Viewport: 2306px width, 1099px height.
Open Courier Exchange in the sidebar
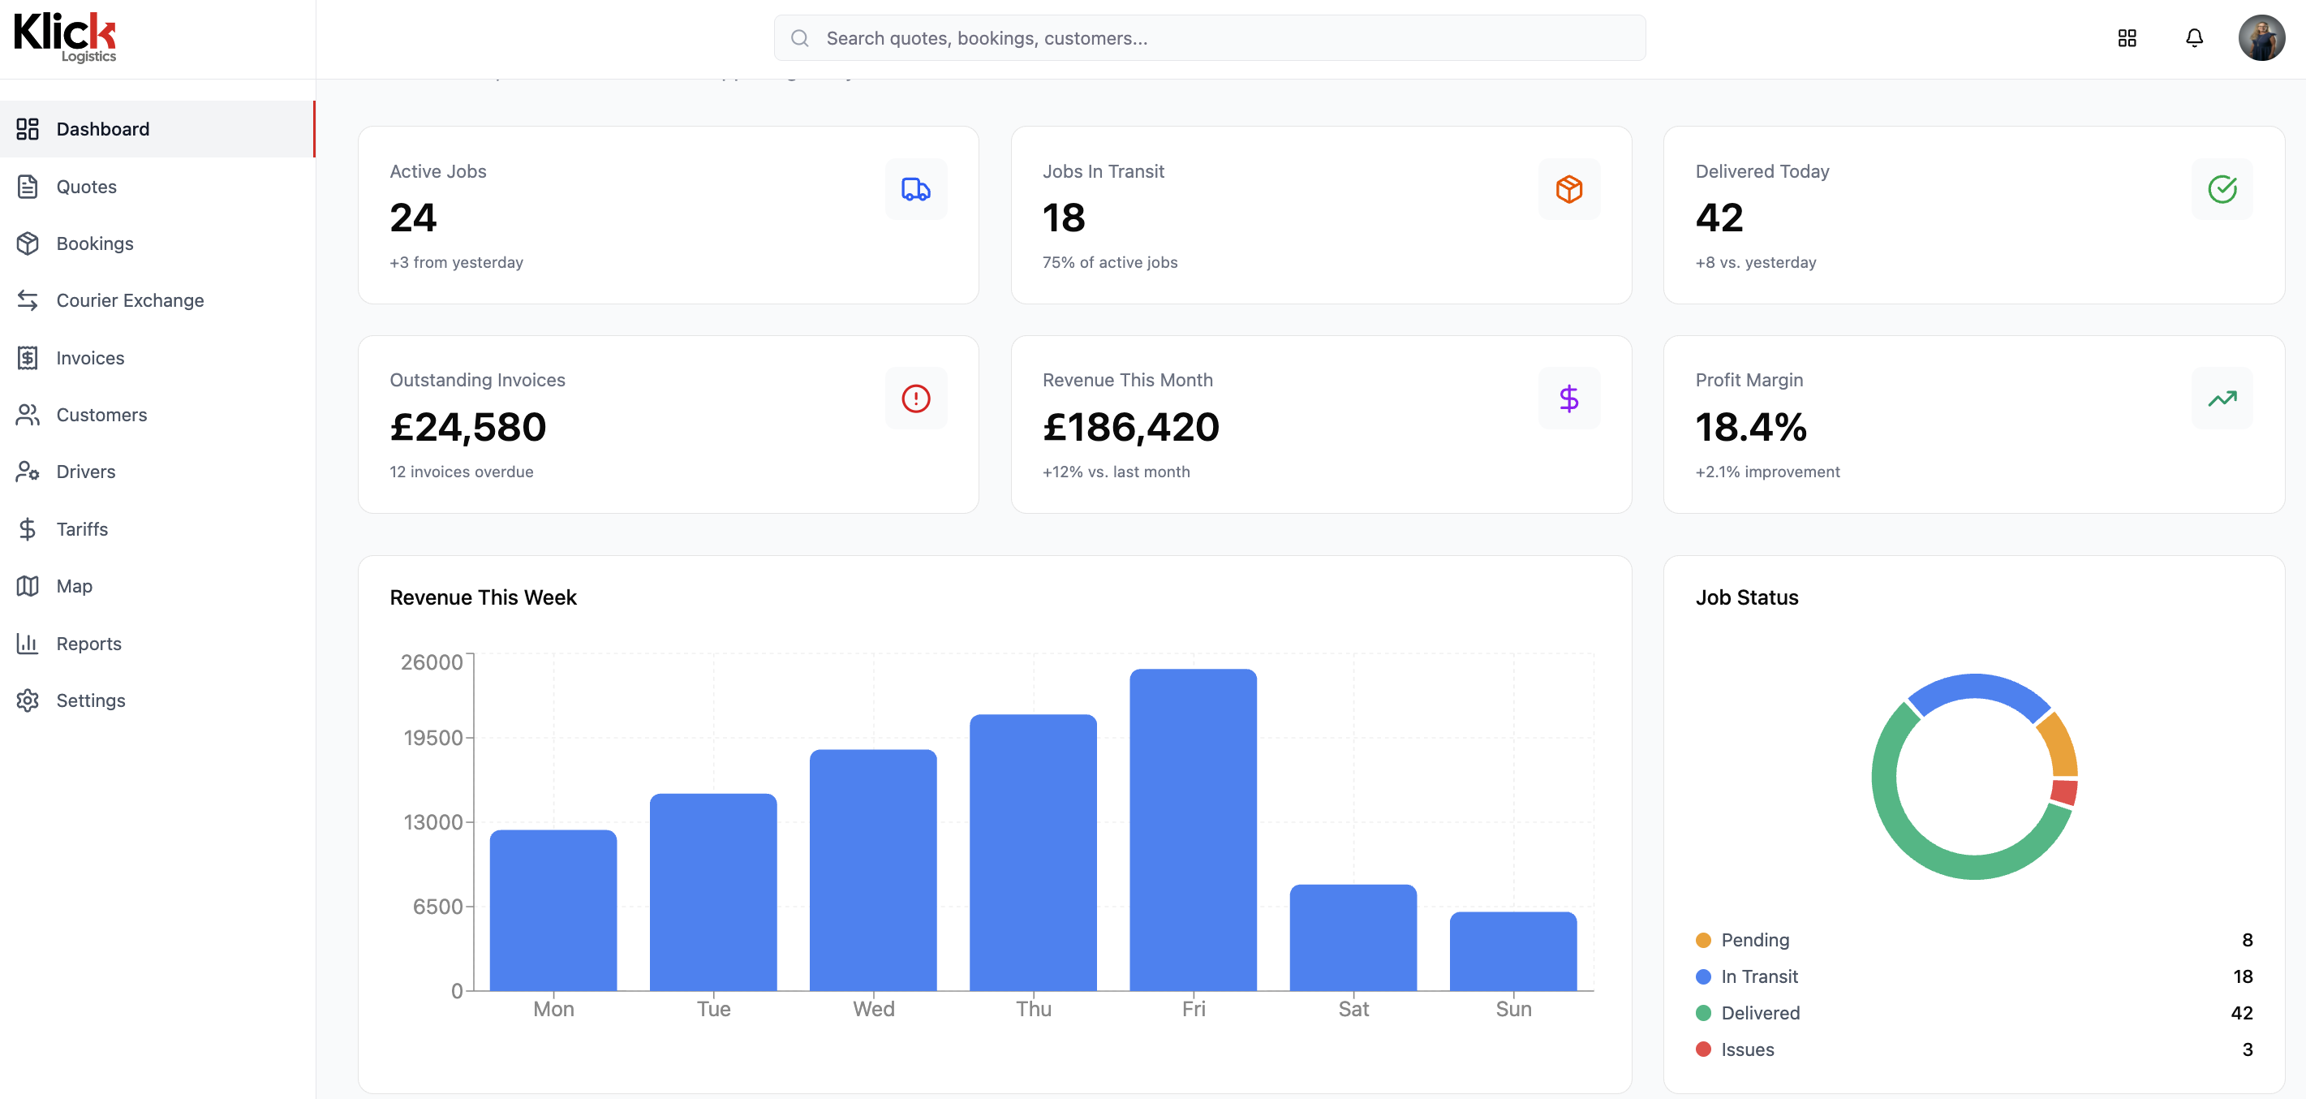(x=130, y=301)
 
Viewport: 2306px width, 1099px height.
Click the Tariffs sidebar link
(x=81, y=529)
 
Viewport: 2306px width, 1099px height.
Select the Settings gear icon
(x=28, y=700)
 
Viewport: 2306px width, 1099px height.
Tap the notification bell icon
(x=2194, y=37)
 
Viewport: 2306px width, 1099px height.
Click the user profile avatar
(x=2261, y=37)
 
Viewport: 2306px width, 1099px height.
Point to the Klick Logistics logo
(x=64, y=37)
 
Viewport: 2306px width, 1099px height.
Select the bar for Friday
(x=1193, y=830)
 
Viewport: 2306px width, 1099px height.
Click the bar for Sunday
(x=1513, y=951)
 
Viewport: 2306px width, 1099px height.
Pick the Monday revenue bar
(x=553, y=910)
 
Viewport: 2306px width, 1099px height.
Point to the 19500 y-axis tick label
(x=433, y=738)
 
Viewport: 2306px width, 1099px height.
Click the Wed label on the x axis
(x=874, y=1010)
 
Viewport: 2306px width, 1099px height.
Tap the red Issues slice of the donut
(x=2064, y=791)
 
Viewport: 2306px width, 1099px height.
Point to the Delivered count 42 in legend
(x=2242, y=1013)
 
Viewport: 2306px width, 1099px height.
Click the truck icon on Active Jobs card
(x=916, y=189)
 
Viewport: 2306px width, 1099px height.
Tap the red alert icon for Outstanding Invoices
(x=916, y=399)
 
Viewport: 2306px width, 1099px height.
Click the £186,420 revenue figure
(x=1130, y=427)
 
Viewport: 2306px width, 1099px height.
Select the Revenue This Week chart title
(x=484, y=597)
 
